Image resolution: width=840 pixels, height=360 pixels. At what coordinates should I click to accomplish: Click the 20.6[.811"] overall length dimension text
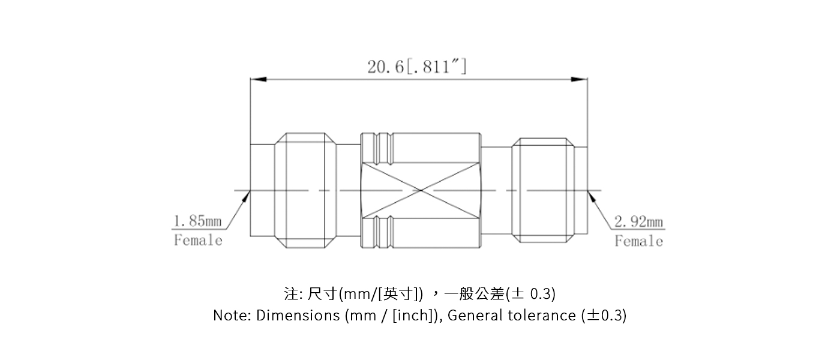pyautogui.click(x=417, y=66)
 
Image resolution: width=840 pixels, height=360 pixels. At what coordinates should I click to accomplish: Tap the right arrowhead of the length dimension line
pyautogui.click(x=580, y=79)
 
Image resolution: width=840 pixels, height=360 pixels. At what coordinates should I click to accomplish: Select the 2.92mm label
pyautogui.click(x=638, y=223)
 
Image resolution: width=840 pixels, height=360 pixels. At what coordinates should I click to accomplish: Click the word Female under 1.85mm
pyautogui.click(x=198, y=241)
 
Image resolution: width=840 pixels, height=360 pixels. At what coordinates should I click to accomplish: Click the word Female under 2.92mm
pyautogui.click(x=638, y=241)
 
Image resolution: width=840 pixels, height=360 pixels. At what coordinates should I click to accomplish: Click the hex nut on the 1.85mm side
pyautogui.click(x=305, y=191)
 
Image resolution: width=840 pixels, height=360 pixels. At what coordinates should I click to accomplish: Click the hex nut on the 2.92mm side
pyautogui.click(x=542, y=191)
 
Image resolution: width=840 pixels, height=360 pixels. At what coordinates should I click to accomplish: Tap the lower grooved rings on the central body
pyautogui.click(x=377, y=232)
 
